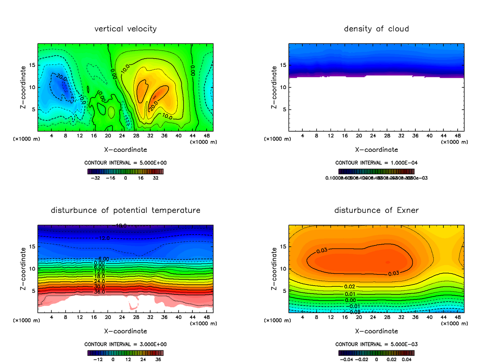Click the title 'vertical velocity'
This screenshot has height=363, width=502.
(125, 29)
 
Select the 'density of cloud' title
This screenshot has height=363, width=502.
(376, 29)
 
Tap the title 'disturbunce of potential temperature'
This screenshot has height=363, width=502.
(125, 210)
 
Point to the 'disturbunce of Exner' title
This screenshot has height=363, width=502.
(376, 210)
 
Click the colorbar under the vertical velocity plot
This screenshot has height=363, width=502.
(125, 171)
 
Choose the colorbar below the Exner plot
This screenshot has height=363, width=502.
(376, 353)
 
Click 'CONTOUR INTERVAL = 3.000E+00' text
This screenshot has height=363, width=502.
(125, 344)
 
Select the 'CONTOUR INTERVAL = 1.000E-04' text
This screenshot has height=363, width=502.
(376, 163)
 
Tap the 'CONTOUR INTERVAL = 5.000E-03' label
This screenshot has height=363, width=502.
(376, 344)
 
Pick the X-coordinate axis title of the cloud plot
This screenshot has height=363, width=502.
(376, 149)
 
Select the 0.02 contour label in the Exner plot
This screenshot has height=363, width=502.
(349, 286)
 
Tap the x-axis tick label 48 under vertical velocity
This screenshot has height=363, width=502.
(206, 136)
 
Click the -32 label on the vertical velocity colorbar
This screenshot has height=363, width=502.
(97, 177)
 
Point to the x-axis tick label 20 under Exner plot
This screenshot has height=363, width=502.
(359, 317)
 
